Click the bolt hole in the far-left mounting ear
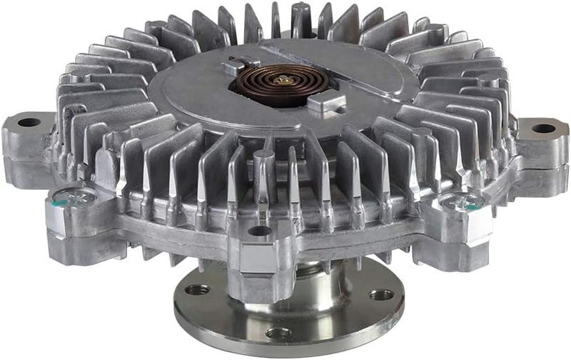[x=29, y=122]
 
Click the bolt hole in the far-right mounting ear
[x=544, y=129]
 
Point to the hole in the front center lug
[x=258, y=230]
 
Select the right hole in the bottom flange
[x=382, y=294]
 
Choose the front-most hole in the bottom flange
[x=279, y=333]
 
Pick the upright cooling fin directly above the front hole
[x=261, y=179]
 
